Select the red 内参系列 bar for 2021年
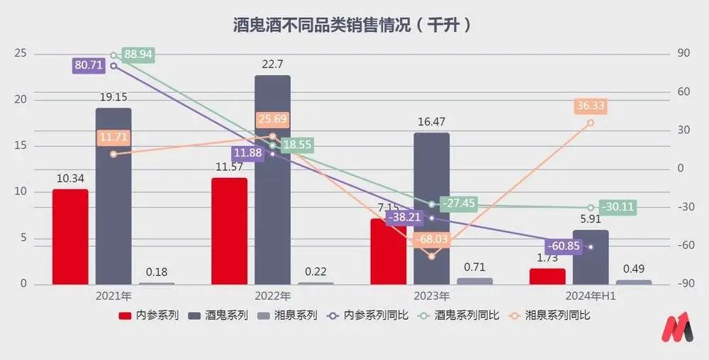[x=70, y=237]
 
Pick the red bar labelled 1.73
[x=547, y=276]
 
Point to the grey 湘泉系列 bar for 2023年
[x=475, y=281]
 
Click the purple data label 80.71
[x=89, y=65]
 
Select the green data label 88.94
[x=138, y=55]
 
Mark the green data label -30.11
[x=618, y=207]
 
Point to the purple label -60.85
[x=561, y=246]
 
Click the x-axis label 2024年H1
[x=591, y=296]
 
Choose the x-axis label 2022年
[x=272, y=296]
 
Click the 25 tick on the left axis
[x=21, y=54]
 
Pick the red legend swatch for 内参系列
[x=125, y=315]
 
